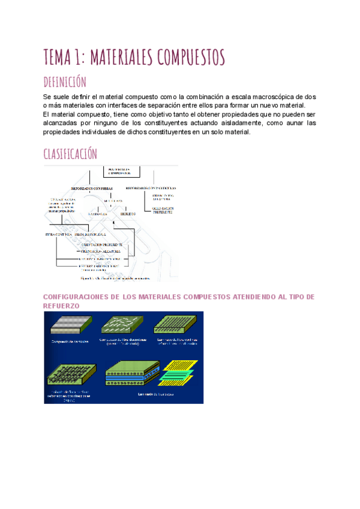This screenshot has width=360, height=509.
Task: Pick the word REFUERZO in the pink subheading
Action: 62,306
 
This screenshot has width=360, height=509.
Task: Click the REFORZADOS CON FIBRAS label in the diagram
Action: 89,187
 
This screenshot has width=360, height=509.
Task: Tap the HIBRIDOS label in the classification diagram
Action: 127,213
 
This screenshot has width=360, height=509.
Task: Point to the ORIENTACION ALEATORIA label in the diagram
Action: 100,251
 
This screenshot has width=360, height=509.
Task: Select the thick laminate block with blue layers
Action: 130,373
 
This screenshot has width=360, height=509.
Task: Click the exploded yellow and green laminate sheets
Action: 181,372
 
